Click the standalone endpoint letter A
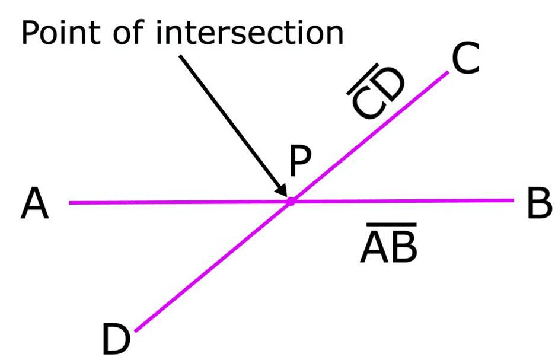click(x=34, y=203)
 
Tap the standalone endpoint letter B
click(x=540, y=203)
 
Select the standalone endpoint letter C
click(x=465, y=58)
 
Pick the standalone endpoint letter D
click(x=116, y=339)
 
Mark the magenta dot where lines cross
click(x=291, y=202)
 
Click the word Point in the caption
click(x=60, y=33)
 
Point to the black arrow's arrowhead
click(x=282, y=190)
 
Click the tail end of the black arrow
click(x=180, y=56)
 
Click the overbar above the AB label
click(x=391, y=224)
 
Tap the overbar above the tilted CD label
click(x=362, y=79)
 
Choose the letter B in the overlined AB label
click(x=404, y=248)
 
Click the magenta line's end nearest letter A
click(x=70, y=203)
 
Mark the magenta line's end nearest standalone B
click(x=513, y=200)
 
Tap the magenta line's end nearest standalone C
click(x=448, y=72)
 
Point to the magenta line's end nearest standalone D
click(x=136, y=331)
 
